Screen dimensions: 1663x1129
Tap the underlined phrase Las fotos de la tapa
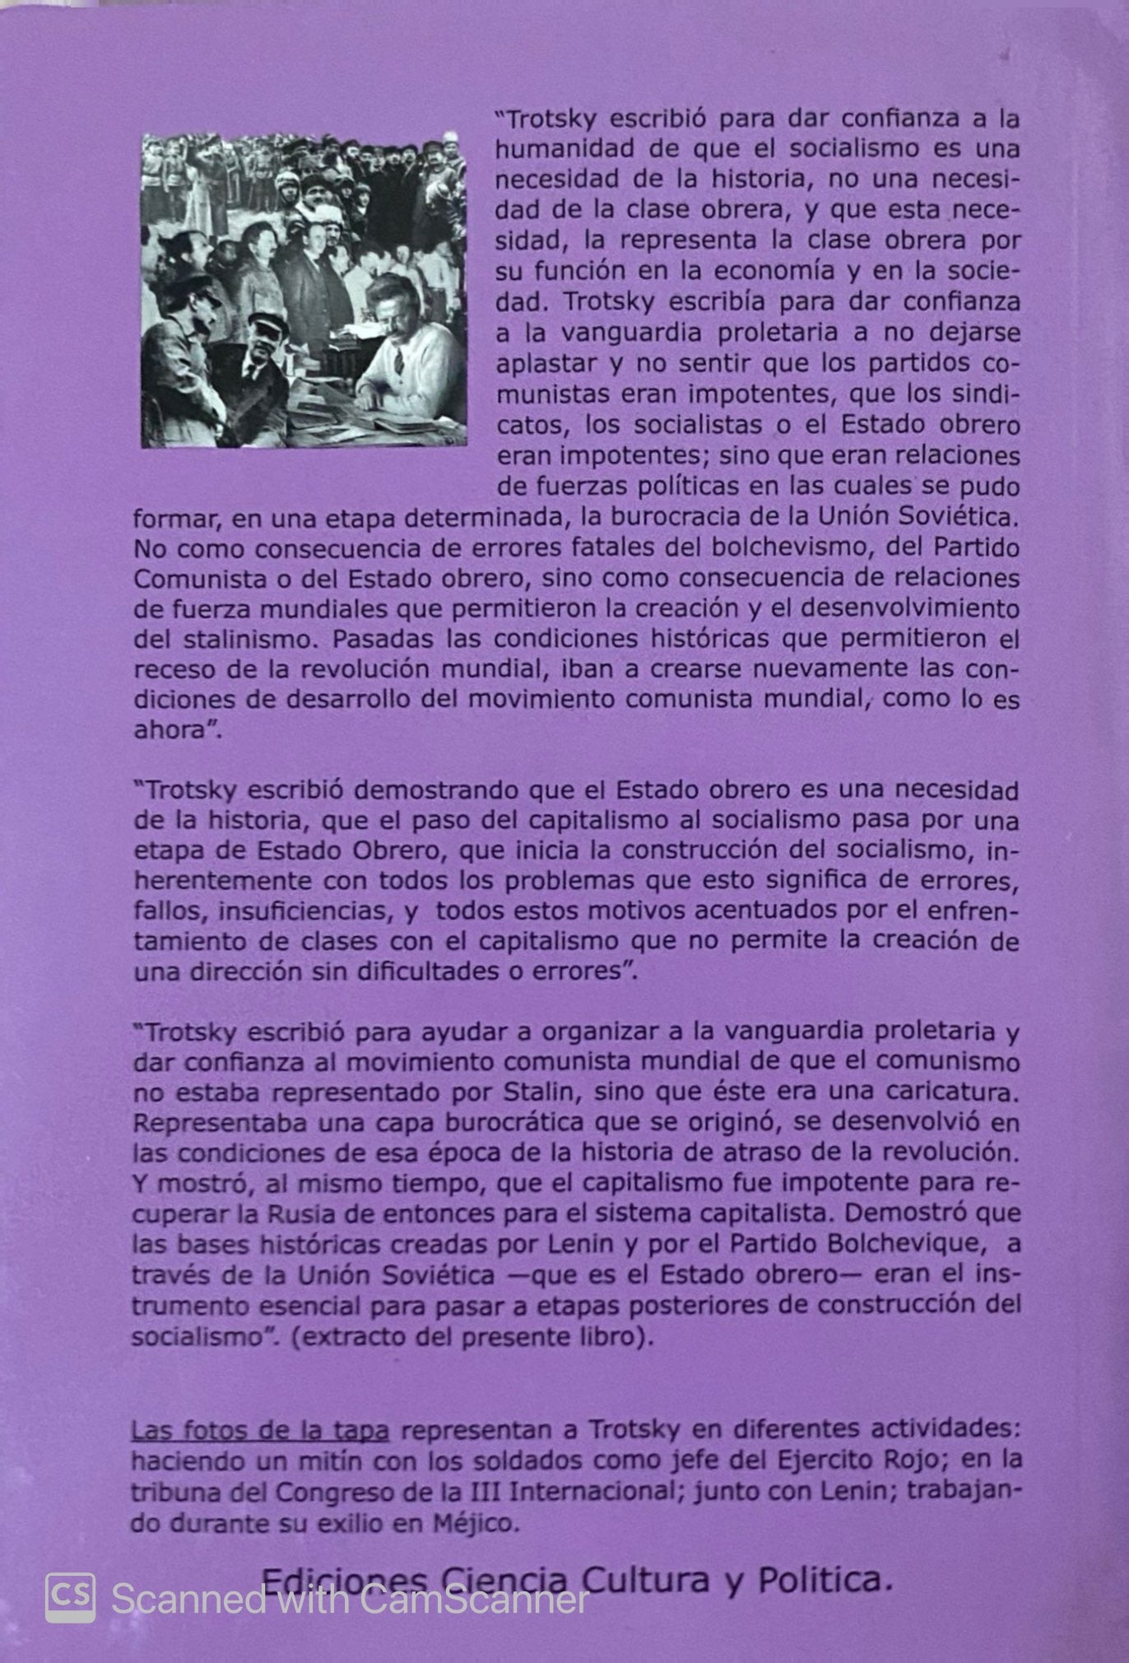tap(260, 1431)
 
